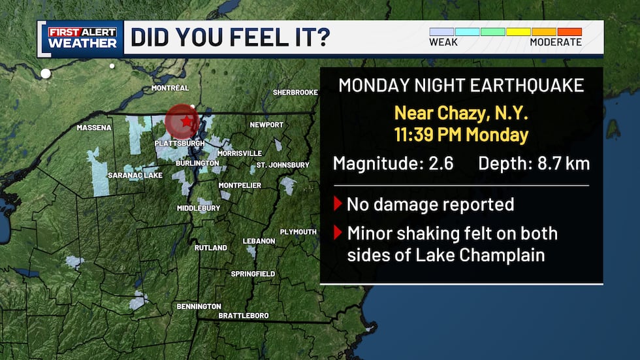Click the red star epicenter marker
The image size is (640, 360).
187,121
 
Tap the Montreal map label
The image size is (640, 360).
170,88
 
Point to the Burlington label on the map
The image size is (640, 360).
197,163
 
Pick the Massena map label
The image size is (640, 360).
94,127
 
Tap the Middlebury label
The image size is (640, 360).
199,208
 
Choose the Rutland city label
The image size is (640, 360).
211,248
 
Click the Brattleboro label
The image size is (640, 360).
243,316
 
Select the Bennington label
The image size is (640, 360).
199,306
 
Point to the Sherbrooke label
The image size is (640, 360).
295,93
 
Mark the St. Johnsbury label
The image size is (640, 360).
283,165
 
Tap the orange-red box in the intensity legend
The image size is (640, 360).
569,31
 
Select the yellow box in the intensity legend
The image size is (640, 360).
518,31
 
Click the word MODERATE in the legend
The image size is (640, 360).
556,42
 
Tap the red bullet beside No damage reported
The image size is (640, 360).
338,204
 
